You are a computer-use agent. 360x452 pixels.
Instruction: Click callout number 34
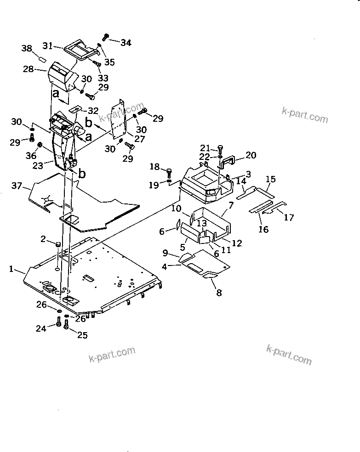[126, 43]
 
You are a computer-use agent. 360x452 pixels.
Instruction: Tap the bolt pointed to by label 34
[106, 36]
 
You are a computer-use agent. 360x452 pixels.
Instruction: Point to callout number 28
[28, 69]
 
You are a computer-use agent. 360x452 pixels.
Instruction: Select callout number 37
[17, 185]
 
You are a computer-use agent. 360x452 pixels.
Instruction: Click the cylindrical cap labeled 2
[58, 244]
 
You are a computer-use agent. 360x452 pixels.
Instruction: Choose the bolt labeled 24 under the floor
[58, 324]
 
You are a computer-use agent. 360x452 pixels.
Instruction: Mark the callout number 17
[288, 218]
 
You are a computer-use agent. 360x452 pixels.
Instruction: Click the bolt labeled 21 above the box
[220, 149]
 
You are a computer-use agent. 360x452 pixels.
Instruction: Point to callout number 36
[31, 156]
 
